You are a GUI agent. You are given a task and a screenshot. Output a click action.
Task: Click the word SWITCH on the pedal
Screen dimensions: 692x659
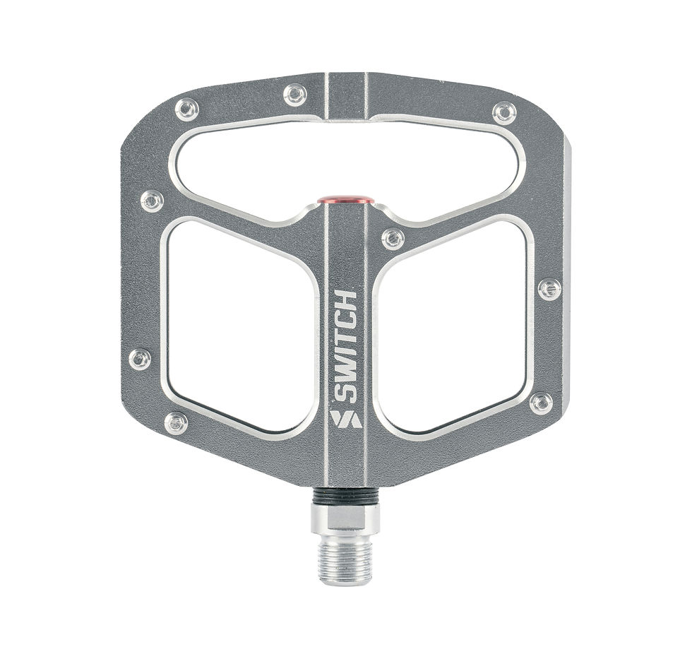[345, 348]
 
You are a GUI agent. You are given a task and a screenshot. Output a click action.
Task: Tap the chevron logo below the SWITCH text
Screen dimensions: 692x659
[346, 419]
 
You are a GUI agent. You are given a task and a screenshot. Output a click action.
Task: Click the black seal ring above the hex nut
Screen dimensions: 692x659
[345, 496]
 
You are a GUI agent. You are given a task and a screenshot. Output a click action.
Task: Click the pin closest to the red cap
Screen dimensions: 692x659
[393, 239]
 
